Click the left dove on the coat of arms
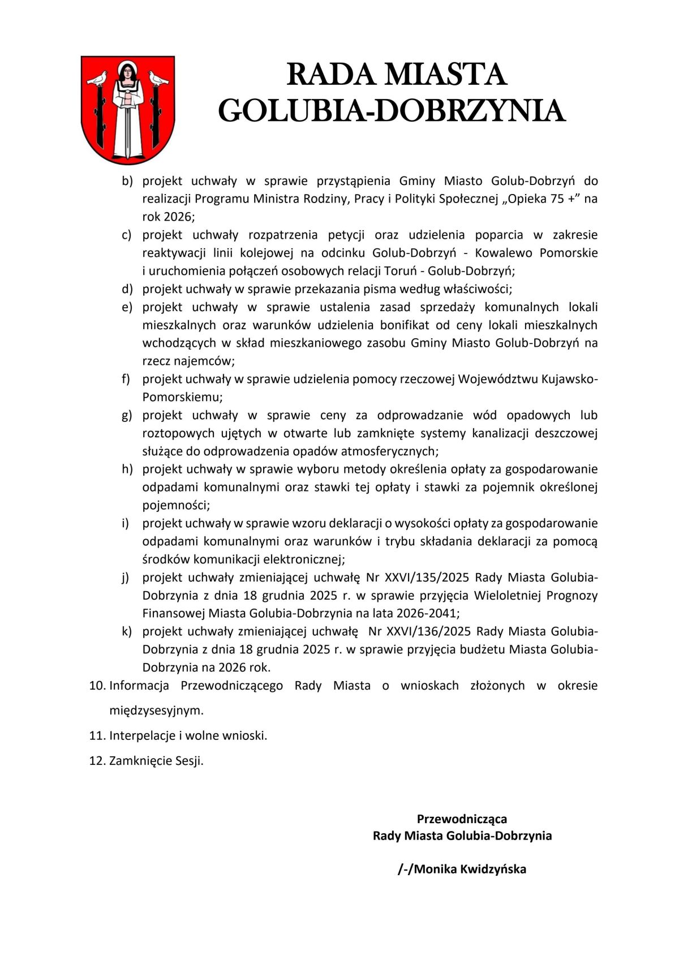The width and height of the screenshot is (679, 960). point(97,79)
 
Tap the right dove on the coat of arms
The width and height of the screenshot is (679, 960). point(158,79)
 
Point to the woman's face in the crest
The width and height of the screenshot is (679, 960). point(128,72)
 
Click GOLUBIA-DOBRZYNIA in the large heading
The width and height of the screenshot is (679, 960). point(392,110)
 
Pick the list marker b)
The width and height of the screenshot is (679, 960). point(127,181)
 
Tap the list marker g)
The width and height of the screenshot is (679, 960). point(127,415)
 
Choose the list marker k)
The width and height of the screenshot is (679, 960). point(127,631)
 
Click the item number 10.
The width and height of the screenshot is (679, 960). point(97,686)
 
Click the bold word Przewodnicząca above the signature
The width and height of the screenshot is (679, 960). point(462,819)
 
